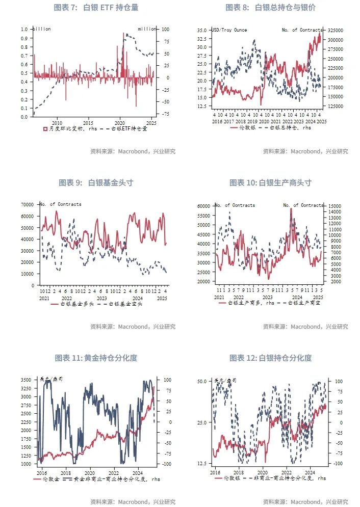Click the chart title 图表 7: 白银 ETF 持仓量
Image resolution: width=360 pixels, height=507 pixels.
point(96,8)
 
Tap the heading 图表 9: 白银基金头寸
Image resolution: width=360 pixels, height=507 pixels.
point(96,182)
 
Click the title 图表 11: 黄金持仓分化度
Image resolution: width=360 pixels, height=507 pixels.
point(96,358)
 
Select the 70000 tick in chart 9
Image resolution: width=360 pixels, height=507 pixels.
point(26,204)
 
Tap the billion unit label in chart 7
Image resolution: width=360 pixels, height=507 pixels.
point(42,29)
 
